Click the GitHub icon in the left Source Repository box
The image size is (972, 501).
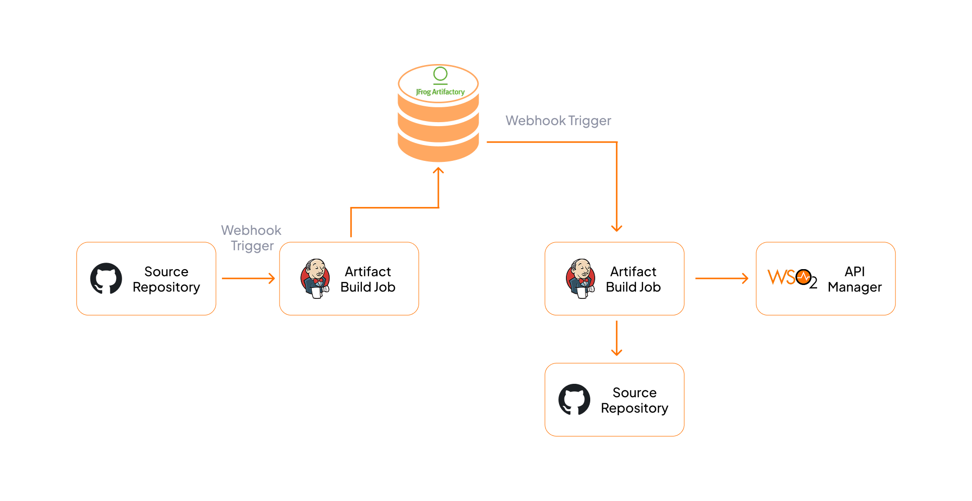(106, 279)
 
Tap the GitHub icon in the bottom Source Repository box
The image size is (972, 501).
(574, 399)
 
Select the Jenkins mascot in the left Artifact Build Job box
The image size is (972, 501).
(315, 279)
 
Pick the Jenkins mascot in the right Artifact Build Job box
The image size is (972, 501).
(580, 279)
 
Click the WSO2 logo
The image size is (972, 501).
(792, 279)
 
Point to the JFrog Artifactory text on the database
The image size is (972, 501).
(440, 92)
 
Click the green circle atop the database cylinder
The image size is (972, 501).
(440, 74)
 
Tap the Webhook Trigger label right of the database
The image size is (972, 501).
(558, 121)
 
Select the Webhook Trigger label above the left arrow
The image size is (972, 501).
(252, 238)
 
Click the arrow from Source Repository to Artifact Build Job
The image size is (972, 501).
(248, 279)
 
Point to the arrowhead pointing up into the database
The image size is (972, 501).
(438, 171)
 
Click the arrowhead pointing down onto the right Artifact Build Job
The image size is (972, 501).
(617, 228)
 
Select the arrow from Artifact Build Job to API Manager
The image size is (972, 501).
(721, 279)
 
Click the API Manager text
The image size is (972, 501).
(854, 279)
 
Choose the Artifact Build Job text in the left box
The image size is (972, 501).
(368, 279)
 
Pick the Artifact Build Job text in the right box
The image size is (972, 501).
(633, 279)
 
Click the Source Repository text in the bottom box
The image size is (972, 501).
(634, 400)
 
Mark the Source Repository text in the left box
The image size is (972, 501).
(166, 279)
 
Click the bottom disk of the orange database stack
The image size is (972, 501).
(438, 151)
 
